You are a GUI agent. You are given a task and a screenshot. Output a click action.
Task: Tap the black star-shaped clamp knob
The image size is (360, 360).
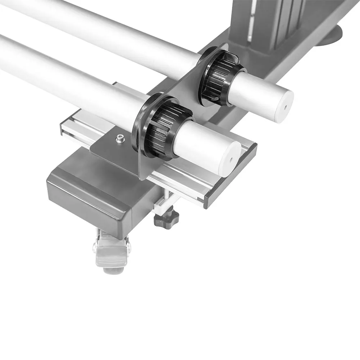(167, 218)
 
